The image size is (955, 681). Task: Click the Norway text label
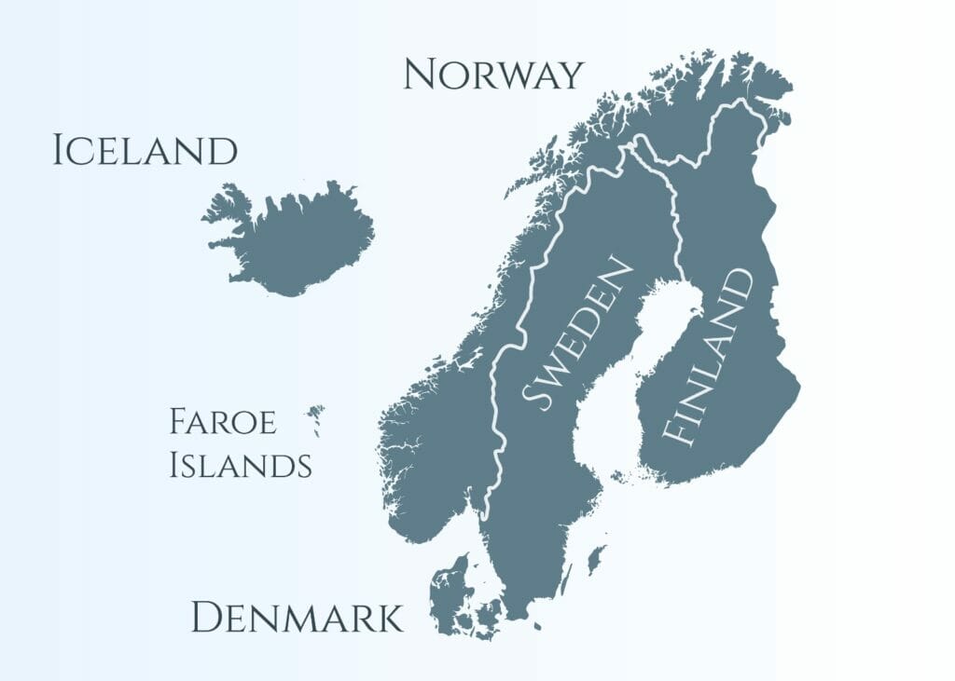coord(493,75)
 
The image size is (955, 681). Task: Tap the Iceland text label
coord(145,150)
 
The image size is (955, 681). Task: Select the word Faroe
coord(223,422)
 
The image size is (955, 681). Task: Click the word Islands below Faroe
coord(241,465)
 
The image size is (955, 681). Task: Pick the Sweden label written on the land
coord(576,334)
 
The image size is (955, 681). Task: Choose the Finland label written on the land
coord(705,357)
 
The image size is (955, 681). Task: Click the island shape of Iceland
coord(298,239)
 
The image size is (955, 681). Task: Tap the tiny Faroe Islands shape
coord(316,418)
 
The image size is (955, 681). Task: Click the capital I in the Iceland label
coord(58,150)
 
